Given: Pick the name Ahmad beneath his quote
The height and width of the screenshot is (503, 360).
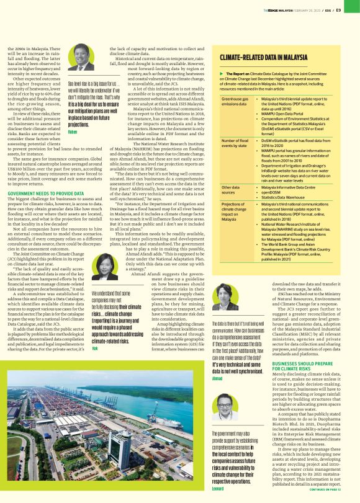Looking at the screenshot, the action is click(217, 377).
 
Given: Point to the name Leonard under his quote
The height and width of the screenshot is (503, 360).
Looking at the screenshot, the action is click(218, 488).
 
